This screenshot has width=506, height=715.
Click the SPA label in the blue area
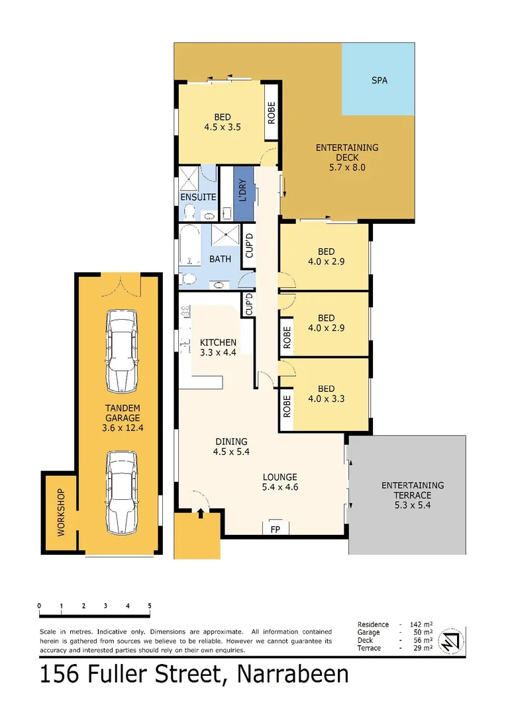tap(379, 81)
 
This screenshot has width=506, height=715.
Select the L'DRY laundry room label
tap(243, 191)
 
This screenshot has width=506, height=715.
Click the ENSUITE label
tap(198, 197)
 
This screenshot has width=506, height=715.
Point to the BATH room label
tap(220, 259)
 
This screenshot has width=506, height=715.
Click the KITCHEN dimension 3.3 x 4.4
tap(218, 352)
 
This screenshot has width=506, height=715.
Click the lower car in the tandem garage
tap(121, 493)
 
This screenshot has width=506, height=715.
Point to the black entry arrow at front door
tap(201, 512)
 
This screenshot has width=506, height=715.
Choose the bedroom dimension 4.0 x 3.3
tap(326, 399)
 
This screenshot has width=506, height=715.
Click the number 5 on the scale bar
tap(150, 606)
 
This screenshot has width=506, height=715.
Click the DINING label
tap(230, 442)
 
